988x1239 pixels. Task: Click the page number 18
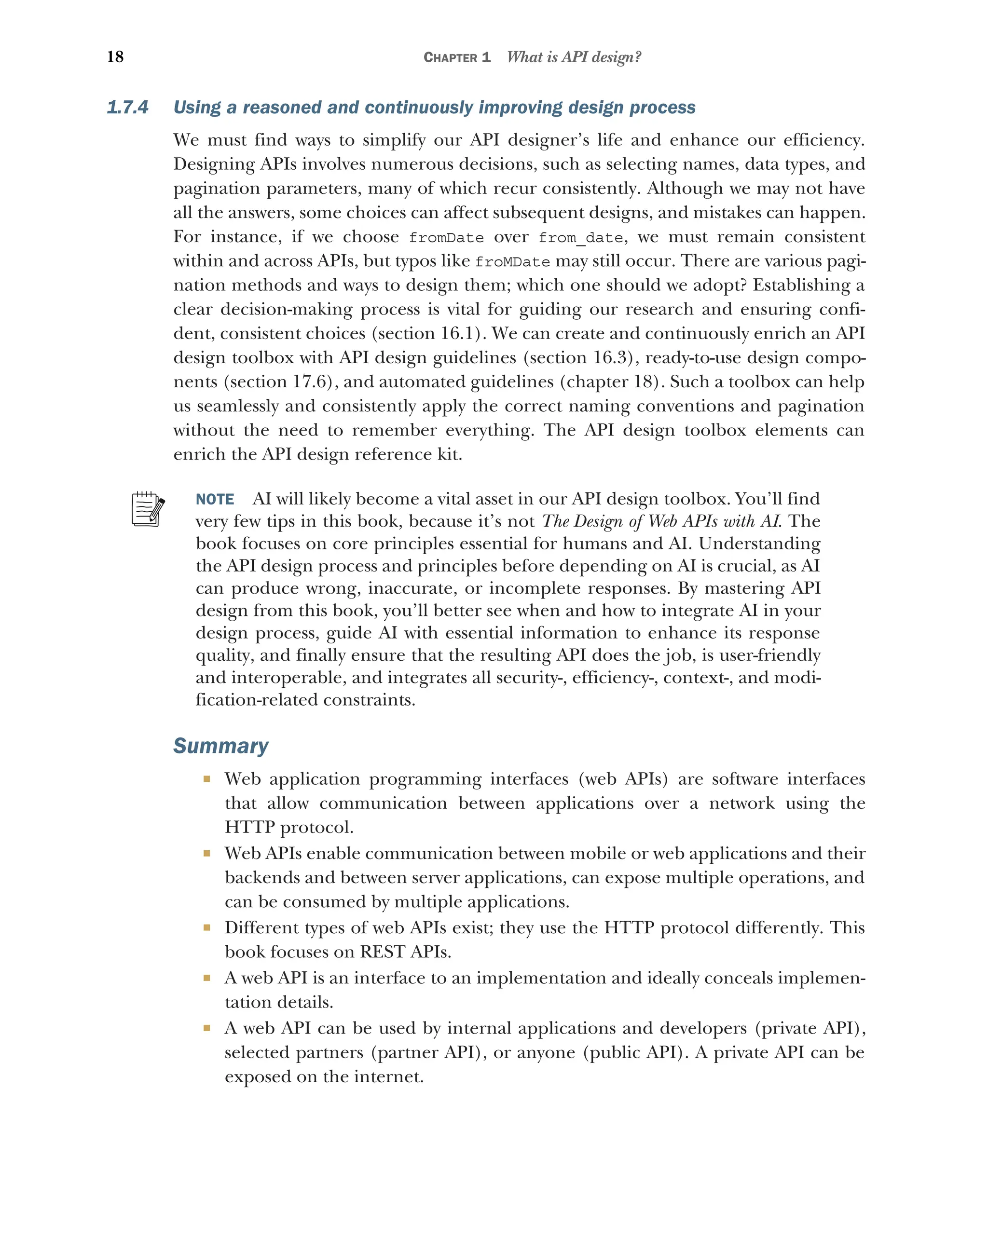coord(115,57)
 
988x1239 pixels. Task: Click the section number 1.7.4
coord(127,108)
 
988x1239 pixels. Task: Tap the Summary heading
coord(220,746)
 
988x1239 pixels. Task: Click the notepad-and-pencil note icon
coord(148,509)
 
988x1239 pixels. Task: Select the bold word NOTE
coord(215,499)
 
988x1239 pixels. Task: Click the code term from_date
coord(580,238)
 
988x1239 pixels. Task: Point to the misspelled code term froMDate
coord(512,262)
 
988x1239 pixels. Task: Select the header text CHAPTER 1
coord(457,57)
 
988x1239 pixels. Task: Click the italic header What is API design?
coord(574,57)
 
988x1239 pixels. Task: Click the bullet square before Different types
coord(207,927)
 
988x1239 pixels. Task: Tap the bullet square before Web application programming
coord(207,779)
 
